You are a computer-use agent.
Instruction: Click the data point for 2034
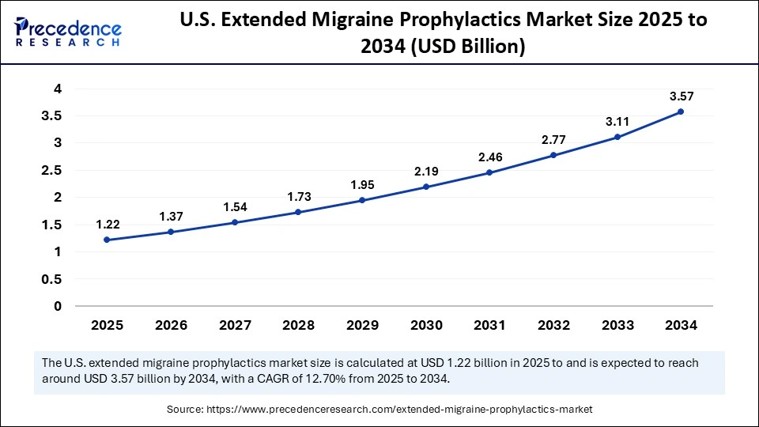pos(680,111)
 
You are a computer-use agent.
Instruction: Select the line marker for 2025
pos(107,240)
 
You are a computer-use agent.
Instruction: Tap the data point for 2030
pos(425,187)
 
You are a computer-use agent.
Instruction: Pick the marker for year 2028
pos(298,212)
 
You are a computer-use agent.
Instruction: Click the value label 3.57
pos(681,96)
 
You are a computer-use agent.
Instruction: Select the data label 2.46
pos(489,157)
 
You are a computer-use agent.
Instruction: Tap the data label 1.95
pos(362,185)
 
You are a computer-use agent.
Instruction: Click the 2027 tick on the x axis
pos(234,325)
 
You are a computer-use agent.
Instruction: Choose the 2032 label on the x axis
pos(553,325)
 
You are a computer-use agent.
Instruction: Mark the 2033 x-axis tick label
pos(617,325)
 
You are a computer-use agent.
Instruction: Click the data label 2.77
pos(553,139)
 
